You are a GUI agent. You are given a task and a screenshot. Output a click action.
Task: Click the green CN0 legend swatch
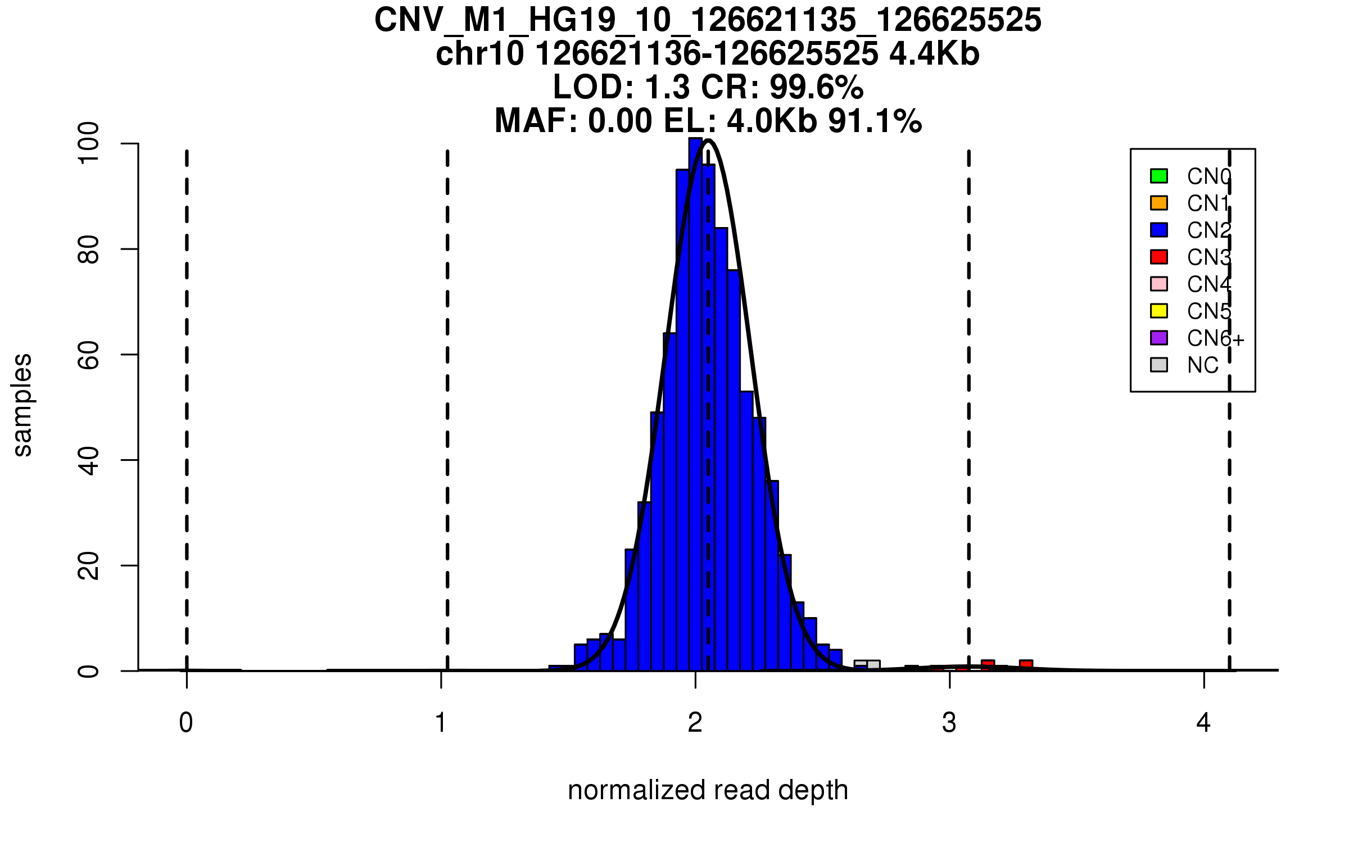[1159, 176]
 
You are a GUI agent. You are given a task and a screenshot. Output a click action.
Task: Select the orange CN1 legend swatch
[1159, 203]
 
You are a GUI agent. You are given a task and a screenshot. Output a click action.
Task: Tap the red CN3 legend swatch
[1159, 257]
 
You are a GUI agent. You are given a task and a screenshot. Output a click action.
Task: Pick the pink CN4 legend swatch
[1159, 284]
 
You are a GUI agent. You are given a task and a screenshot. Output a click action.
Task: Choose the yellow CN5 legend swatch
[1159, 311]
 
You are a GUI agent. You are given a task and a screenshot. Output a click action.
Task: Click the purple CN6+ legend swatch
[1159, 338]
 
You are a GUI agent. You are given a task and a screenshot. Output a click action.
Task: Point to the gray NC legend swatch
[1159, 365]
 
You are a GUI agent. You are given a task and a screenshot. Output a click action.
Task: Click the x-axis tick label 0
[186, 723]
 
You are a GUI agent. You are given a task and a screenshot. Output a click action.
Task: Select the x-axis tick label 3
[949, 723]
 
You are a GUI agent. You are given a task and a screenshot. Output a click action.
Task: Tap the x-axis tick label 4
[1203, 723]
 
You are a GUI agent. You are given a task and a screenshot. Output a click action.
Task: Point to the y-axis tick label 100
[89, 144]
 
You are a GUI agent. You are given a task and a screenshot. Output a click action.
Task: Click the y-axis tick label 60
[89, 355]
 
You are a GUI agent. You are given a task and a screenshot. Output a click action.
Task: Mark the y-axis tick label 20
[89, 565]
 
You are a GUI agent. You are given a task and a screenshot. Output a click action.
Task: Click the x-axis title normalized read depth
[708, 790]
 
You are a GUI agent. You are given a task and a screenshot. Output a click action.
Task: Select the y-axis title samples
[22, 405]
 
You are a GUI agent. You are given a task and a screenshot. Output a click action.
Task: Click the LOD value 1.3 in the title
[668, 87]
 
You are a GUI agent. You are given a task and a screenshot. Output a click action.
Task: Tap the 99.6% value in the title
[816, 87]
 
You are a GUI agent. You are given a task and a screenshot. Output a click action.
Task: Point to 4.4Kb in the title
[934, 54]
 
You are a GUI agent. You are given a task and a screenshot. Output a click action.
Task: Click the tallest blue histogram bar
[695, 405]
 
